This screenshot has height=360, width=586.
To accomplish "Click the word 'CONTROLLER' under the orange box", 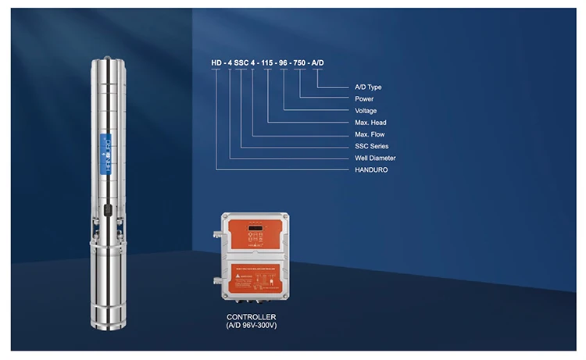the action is click(252, 316).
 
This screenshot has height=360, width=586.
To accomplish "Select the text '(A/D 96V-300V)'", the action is click(252, 325).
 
